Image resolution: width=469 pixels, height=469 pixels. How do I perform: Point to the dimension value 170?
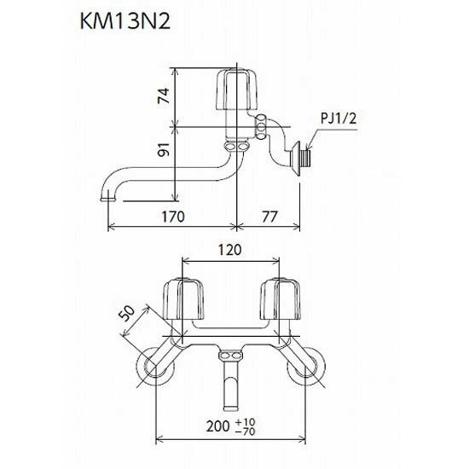pyautogui.click(x=173, y=217)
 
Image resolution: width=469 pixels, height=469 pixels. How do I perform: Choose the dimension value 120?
pyautogui.click(x=229, y=250)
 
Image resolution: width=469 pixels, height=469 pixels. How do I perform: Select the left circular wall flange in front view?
pyautogui.click(x=154, y=369)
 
